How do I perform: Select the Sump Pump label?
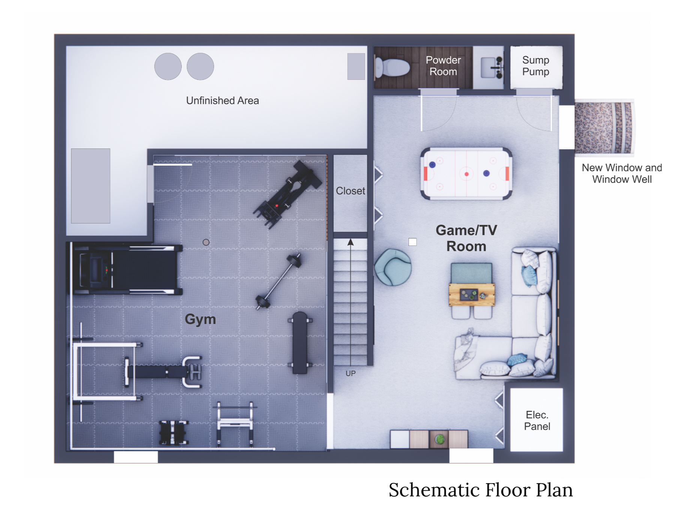pyautogui.click(x=535, y=66)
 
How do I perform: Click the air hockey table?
pyautogui.click(x=466, y=174)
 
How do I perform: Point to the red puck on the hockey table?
pyautogui.click(x=466, y=174)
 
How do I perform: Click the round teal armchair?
pyautogui.click(x=393, y=267)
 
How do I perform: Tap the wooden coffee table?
pyautogui.click(x=472, y=294)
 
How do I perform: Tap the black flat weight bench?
pyautogui.click(x=300, y=342)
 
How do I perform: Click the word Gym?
pyautogui.click(x=200, y=319)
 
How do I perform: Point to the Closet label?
pyautogui.click(x=350, y=191)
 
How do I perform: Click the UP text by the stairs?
pyautogui.click(x=350, y=373)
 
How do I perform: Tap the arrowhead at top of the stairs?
pyautogui.click(x=350, y=242)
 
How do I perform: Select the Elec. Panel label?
pyautogui.click(x=537, y=421)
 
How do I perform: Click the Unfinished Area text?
pyautogui.click(x=222, y=100)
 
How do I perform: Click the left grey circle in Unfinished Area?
pyautogui.click(x=168, y=66)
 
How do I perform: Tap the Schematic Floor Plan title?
pyautogui.click(x=480, y=490)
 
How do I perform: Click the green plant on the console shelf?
pyautogui.click(x=440, y=439)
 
